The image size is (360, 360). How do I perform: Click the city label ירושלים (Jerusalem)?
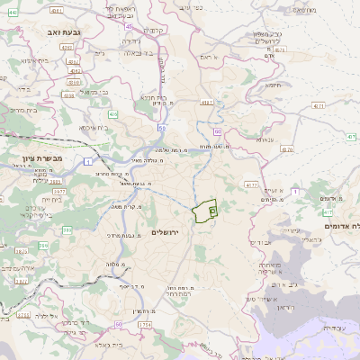tap(166, 233)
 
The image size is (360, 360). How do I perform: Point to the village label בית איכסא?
tap(94, 128)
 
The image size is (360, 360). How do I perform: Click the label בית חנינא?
tap(158, 97)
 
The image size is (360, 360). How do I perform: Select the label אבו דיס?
tap(259, 243)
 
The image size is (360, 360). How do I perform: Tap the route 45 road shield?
tap(129, 27)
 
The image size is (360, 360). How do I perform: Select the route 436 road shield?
tap(112, 115)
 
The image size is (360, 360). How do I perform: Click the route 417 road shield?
tap(328, 212)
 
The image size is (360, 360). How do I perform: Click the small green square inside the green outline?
tap(212, 211)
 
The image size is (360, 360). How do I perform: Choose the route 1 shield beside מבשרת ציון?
tap(88, 161)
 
